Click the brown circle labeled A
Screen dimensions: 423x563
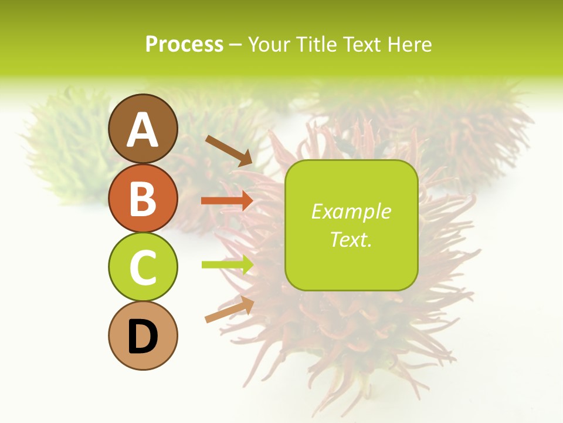tap(143, 129)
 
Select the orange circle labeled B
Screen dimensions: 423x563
tap(143, 198)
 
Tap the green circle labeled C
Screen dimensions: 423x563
tap(143, 267)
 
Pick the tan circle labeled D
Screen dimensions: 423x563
tap(143, 335)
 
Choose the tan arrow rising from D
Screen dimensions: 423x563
tap(229, 310)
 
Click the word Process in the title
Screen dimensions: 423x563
tap(184, 45)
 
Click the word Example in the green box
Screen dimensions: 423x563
tap(351, 211)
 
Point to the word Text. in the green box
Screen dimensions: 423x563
tap(351, 239)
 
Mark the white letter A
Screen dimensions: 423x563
tap(143, 130)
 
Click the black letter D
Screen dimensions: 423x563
tap(143, 337)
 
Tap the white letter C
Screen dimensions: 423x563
tap(143, 267)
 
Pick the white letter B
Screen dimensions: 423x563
tap(143, 199)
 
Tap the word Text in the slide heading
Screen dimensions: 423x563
tap(360, 45)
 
